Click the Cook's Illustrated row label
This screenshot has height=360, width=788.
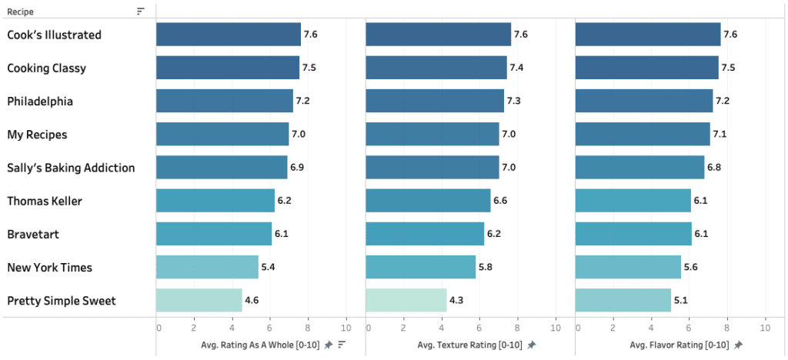(54, 35)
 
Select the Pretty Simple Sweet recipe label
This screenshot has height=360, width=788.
(62, 301)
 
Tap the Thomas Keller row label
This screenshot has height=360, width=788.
(45, 201)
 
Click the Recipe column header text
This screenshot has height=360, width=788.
(20, 12)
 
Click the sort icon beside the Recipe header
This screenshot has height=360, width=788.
(141, 12)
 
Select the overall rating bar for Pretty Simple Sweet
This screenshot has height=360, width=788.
(199, 300)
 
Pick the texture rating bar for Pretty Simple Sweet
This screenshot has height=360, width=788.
(406, 300)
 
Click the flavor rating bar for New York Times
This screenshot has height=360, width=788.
(628, 267)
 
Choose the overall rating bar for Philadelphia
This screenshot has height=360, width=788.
(224, 101)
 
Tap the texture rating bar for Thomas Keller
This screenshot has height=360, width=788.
(428, 201)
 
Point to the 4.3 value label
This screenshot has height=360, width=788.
(457, 301)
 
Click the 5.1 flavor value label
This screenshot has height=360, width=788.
(682, 301)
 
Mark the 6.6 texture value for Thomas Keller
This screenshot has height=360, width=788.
(500, 201)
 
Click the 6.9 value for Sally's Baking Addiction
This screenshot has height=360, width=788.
(298, 168)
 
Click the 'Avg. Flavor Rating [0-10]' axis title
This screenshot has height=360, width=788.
(679, 345)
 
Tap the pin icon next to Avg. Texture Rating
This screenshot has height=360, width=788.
(532, 345)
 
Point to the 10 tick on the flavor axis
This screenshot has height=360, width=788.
(765, 328)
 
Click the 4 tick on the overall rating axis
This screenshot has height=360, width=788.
(232, 328)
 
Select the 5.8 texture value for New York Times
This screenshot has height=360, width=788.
(486, 268)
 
